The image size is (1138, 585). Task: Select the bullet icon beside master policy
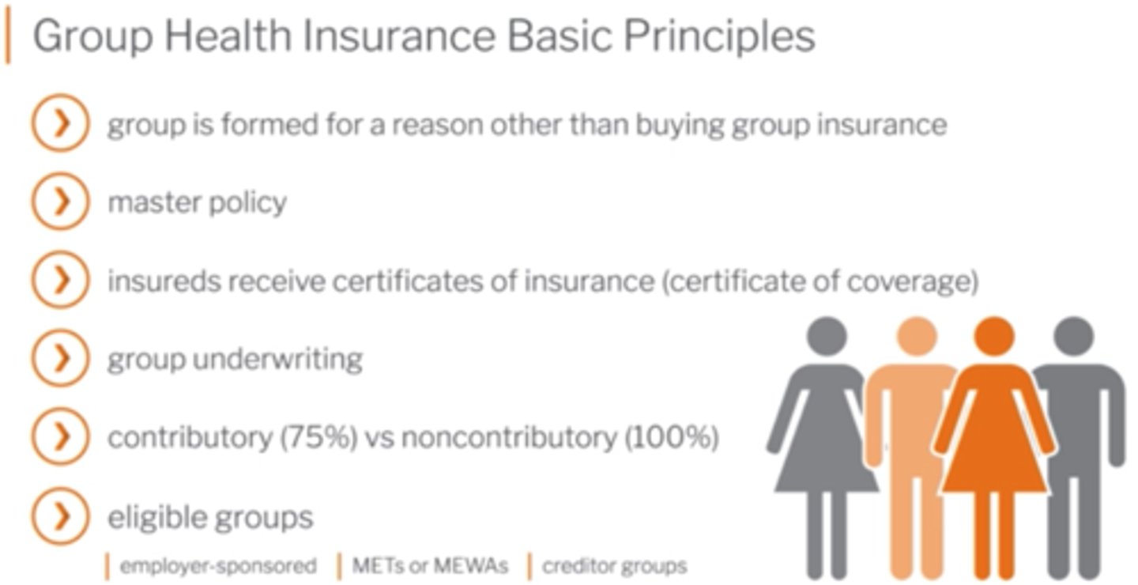coord(59,202)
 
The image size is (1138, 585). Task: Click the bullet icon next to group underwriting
coord(59,360)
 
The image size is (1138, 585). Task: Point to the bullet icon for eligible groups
coord(59,517)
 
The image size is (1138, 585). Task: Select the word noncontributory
coord(508,438)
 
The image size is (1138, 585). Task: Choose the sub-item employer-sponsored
coord(218,566)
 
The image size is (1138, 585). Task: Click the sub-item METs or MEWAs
coord(430,566)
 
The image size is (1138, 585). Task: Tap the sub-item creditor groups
coord(615,566)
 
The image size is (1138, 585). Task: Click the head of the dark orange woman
coord(993,335)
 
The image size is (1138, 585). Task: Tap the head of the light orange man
coord(917,335)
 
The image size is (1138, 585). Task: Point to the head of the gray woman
coord(827,335)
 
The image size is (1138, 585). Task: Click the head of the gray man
coord(1073,335)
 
